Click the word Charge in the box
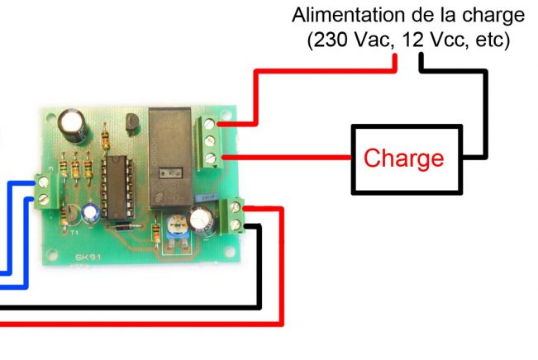pos(404,159)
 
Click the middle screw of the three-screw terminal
pos(213,140)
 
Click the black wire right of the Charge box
pos(483,116)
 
